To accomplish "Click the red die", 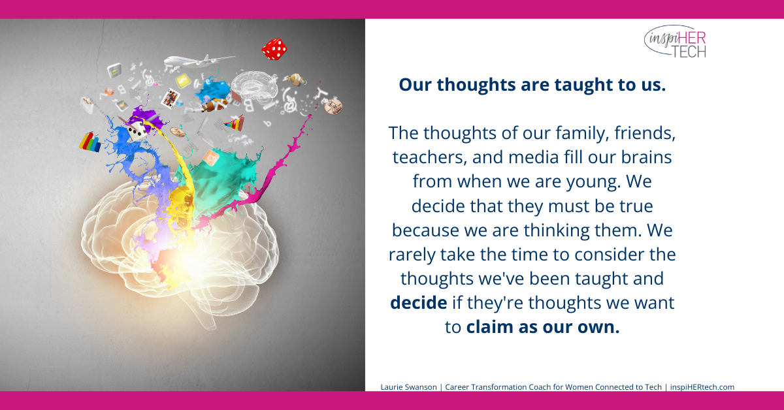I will click(274, 48).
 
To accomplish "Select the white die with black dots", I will click(136, 131).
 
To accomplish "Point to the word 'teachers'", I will click(425, 158).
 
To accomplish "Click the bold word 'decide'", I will click(419, 303).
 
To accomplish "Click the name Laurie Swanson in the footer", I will click(407, 387).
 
